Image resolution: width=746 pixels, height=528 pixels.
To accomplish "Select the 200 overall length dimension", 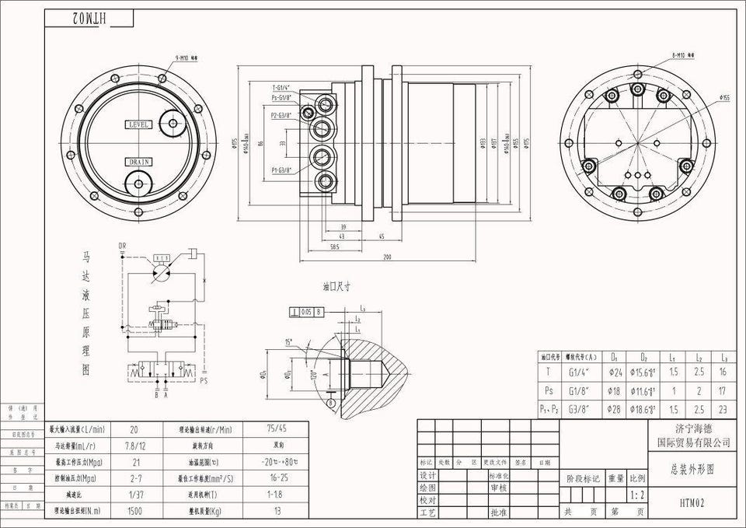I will [386, 257].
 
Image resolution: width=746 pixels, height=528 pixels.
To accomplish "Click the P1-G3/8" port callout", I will [281, 170].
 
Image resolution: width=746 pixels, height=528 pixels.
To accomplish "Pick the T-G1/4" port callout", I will [281, 88].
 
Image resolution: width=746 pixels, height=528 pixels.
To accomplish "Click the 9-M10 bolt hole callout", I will [187, 58].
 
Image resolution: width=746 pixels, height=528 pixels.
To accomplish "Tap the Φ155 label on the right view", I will [725, 98].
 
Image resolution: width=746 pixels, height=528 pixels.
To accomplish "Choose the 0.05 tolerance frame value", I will [306, 312].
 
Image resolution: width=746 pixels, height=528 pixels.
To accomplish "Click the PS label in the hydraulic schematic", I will [204, 381].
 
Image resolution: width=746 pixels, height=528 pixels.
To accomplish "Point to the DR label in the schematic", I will [122, 247].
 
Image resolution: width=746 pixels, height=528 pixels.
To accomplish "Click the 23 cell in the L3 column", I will [723, 408].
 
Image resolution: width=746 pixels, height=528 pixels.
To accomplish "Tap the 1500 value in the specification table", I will [134, 511].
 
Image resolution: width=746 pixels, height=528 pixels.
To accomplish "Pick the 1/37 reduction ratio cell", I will [134, 494].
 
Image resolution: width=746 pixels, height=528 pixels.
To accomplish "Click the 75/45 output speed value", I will [275, 428].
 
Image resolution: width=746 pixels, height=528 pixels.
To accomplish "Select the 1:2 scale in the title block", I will [637, 495].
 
